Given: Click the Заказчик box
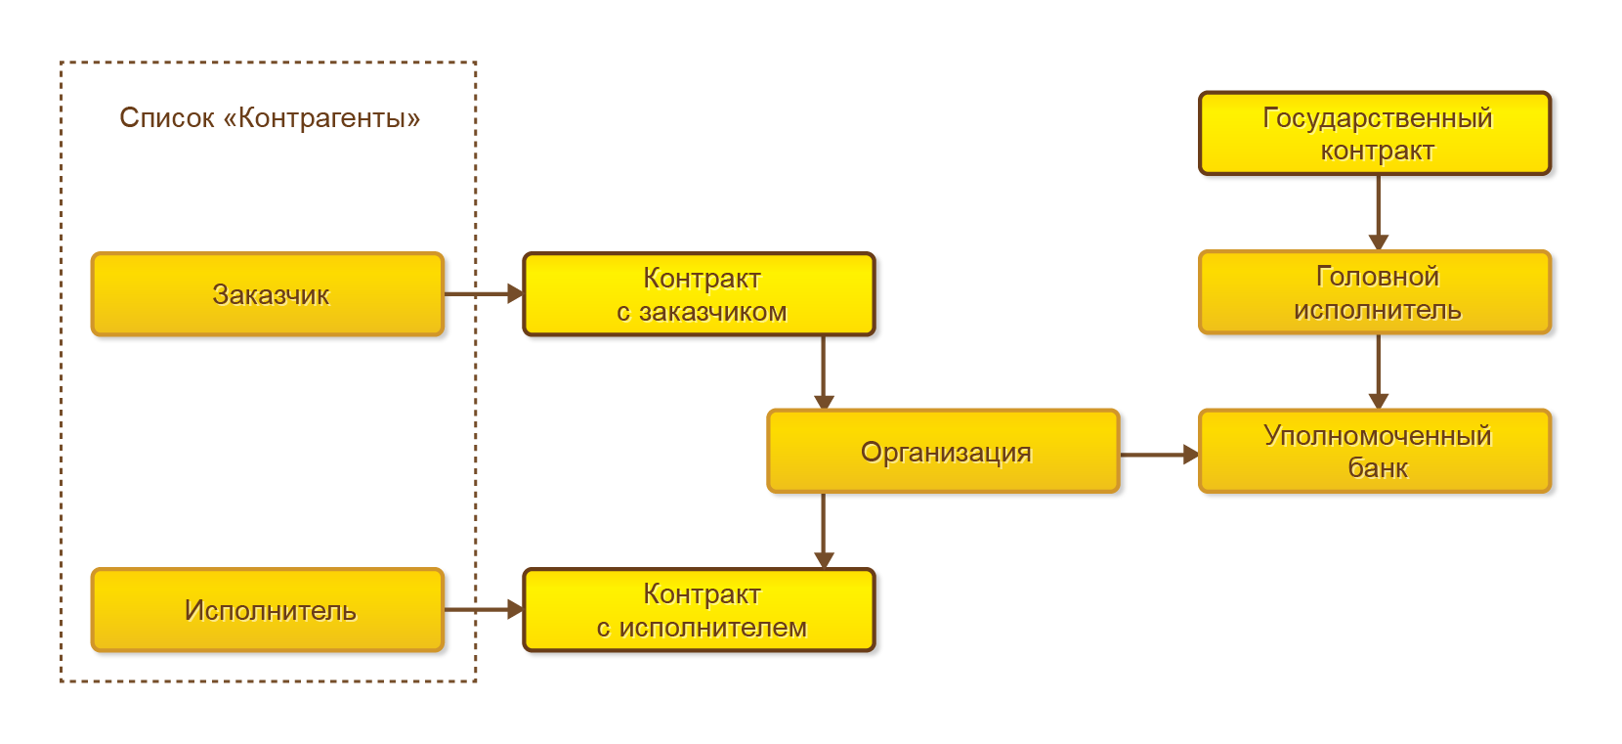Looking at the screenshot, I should click(x=268, y=294).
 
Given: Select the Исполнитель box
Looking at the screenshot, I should click(x=268, y=610).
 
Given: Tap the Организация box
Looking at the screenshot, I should click(x=943, y=452).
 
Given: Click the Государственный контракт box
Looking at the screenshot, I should click(x=1375, y=134).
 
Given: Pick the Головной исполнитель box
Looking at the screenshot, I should click(x=1375, y=293).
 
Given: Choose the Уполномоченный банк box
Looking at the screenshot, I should click(x=1375, y=452).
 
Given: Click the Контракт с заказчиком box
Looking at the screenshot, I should click(x=700, y=294).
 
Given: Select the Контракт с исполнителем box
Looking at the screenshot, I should click(x=700, y=610).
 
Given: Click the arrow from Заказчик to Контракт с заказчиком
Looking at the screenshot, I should click(x=484, y=293).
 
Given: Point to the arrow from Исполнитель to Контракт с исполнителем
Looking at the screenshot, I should click(x=484, y=610).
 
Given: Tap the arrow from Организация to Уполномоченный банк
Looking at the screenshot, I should click(x=1159, y=455).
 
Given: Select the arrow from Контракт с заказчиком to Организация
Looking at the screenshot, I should click(x=824, y=372).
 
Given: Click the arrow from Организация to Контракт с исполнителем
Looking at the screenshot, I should click(x=824, y=531).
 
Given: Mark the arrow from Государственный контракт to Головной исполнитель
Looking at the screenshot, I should click(x=1378, y=213).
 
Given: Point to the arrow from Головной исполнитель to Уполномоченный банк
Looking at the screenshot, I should click(x=1378, y=372).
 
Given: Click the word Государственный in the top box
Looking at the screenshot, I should click(x=1377, y=117).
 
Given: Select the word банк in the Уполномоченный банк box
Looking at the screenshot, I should click(x=1378, y=468).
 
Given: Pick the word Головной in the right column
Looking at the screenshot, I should click(x=1377, y=277).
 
